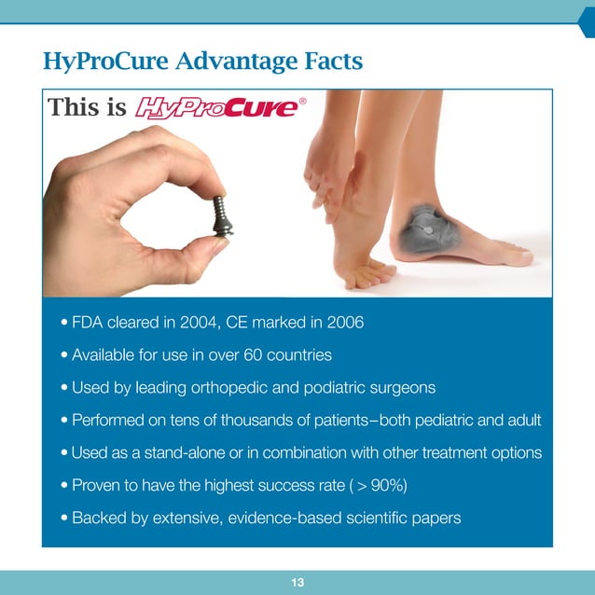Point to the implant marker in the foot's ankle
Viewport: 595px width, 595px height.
coord(428,225)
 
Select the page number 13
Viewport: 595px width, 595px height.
coord(297,583)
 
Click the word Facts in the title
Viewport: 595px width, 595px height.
coord(333,62)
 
